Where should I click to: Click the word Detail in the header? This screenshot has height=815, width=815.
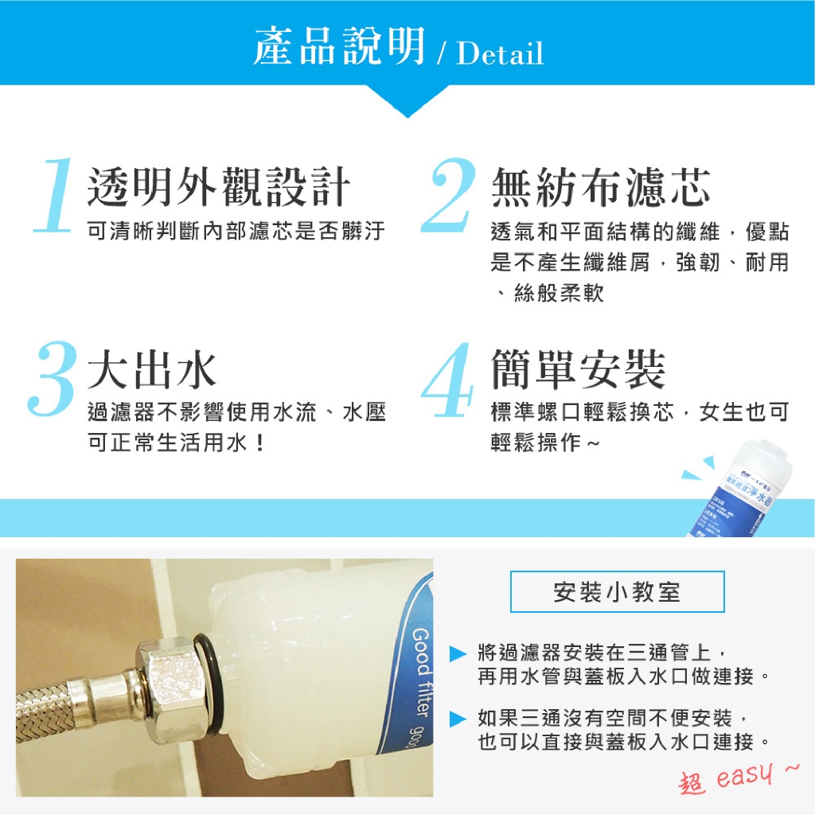coord(501,54)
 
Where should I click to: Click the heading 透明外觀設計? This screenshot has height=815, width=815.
coord(218,188)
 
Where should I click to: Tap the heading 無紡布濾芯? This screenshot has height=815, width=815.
coord(600,188)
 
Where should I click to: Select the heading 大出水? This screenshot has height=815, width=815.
coord(151,370)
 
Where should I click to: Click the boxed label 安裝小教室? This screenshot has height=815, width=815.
coord(617,591)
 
